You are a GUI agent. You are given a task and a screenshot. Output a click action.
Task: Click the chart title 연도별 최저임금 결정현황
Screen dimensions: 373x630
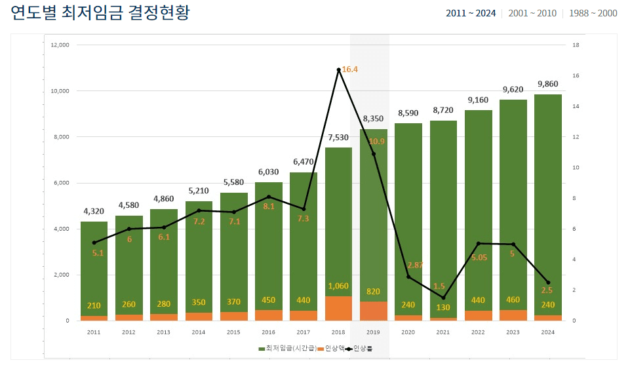(100, 13)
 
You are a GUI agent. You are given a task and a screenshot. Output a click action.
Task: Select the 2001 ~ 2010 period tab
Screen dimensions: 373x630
(532, 13)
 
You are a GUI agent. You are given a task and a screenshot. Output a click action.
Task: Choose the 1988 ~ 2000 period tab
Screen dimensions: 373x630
(593, 13)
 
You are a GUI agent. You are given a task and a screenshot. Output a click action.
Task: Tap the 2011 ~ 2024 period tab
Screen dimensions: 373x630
(470, 13)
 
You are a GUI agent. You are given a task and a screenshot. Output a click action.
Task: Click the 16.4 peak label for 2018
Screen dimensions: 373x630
(349, 69)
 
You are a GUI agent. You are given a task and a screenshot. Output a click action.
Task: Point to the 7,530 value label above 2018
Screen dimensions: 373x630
(338, 137)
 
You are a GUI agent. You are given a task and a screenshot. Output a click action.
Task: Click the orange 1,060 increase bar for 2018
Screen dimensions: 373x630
(338, 308)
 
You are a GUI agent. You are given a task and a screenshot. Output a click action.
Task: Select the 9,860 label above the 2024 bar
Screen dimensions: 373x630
(548, 84)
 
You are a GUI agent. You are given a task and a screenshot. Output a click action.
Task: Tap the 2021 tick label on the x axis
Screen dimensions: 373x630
(443, 332)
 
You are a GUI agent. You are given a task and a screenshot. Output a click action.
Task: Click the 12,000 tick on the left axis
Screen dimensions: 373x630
(60, 45)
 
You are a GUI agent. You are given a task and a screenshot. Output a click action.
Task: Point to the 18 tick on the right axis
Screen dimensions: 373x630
(575, 45)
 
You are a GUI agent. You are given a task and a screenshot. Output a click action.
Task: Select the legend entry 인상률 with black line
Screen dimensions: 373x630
(359, 348)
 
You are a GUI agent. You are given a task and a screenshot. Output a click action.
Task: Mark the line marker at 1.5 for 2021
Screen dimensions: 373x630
(443, 298)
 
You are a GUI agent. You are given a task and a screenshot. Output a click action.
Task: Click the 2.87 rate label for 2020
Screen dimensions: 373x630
(415, 265)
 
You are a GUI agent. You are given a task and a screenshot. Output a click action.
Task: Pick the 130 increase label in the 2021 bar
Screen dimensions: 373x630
(443, 307)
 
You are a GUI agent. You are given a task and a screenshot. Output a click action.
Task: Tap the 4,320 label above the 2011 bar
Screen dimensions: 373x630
(94, 211)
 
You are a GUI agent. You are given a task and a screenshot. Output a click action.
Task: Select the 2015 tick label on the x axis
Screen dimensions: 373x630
(234, 332)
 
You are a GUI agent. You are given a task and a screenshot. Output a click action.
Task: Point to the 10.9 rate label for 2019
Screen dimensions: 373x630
(376, 142)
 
